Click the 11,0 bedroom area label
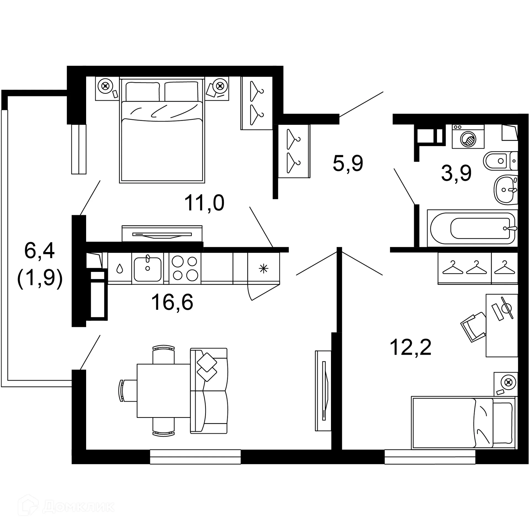coord(204,203)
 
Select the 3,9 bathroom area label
coord(456,173)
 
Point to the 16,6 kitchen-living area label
coord(172,302)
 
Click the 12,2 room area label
coord(410,348)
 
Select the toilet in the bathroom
coord(500,161)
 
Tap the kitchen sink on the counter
coord(147,269)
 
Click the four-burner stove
coord(185,268)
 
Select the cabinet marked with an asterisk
coord(264,268)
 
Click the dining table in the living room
coord(163,391)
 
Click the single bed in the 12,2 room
coord(463,423)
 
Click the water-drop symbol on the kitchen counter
coord(120,268)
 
